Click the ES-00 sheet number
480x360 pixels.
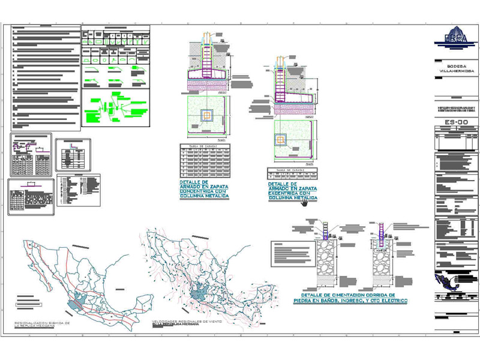click(456, 123)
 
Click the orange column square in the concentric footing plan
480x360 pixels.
click(207, 115)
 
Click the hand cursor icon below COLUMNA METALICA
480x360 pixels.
click(305, 203)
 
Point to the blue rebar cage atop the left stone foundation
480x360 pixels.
click(325, 230)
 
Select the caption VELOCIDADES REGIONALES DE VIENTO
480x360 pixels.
click(182, 323)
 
